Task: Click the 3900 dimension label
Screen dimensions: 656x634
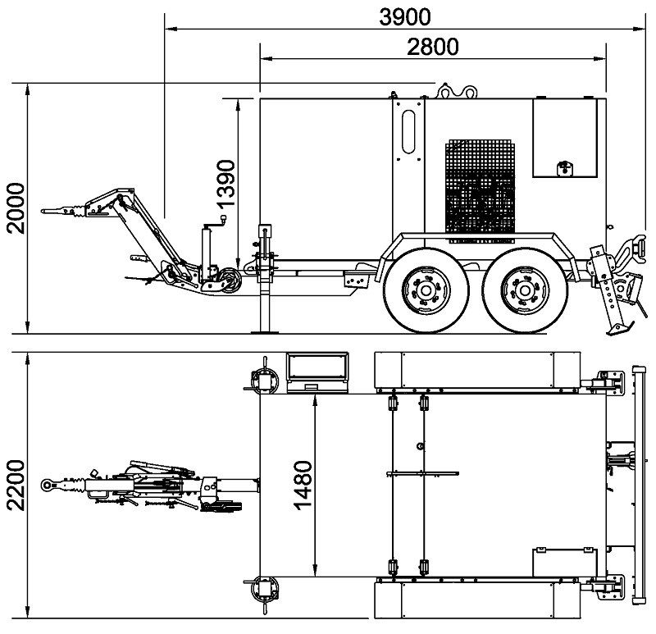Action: click(404, 17)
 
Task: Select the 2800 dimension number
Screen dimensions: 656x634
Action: click(433, 47)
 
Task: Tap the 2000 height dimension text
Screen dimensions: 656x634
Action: click(16, 208)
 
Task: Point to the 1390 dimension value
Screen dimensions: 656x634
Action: click(226, 183)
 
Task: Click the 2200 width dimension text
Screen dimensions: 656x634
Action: click(16, 486)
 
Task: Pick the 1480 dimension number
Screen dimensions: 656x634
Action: click(303, 486)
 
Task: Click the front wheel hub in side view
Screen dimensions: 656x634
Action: click(426, 290)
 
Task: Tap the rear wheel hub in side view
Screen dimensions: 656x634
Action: click(525, 290)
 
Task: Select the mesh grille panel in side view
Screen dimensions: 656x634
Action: click(480, 191)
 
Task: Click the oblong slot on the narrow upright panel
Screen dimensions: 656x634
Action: click(408, 131)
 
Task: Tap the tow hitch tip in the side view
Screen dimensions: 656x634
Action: click(42, 212)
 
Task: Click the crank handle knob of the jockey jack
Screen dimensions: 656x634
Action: click(223, 219)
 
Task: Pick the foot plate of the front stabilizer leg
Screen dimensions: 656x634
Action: click(265, 332)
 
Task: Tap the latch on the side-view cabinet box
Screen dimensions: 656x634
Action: click(564, 168)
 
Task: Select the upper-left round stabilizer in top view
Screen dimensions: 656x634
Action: click(265, 381)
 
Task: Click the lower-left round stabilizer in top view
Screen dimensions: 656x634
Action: click(265, 589)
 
